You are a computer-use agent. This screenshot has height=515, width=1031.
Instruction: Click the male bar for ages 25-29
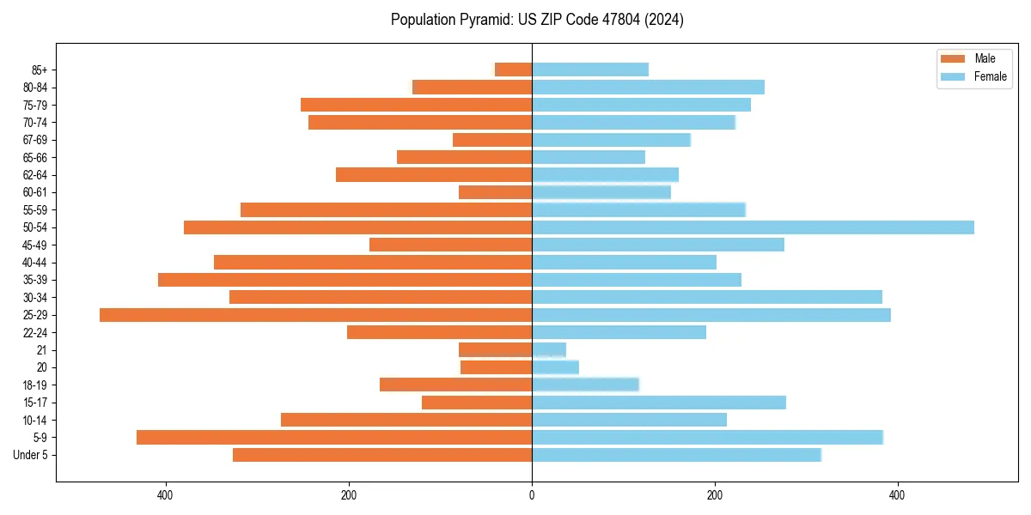315,315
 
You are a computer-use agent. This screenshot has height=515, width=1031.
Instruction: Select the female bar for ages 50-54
753,227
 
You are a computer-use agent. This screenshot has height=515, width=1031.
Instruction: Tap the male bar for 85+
514,70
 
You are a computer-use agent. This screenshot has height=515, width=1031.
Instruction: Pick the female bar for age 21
549,350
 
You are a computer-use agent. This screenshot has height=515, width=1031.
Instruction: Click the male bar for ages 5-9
334,438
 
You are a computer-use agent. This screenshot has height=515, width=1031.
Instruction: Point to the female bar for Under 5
676,455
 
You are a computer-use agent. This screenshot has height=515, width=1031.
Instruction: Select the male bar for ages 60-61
496,192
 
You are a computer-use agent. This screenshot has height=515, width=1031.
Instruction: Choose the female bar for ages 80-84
648,88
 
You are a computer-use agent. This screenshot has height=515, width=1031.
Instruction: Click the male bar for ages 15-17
477,403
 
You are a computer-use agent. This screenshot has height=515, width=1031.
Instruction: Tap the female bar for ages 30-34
707,297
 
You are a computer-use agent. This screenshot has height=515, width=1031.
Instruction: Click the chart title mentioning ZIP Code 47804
537,20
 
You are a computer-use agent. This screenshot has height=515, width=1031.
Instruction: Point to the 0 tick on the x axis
532,495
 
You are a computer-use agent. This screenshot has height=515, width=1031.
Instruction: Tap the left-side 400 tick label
166,495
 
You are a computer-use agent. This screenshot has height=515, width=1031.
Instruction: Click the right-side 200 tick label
714,495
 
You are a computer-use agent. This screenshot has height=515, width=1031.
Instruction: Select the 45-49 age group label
34,245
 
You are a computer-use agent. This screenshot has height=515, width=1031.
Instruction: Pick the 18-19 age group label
34,385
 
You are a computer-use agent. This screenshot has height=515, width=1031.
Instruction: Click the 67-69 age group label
34,140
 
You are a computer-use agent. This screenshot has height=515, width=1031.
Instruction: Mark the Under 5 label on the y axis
30,455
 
